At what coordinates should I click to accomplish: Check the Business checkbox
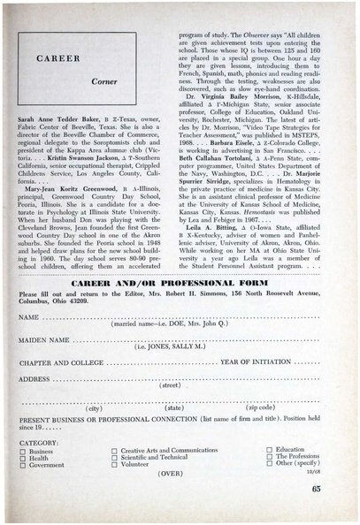pos(23,451)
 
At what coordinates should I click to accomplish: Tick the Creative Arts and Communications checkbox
pos(114,451)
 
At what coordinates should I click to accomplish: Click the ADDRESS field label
pos(34,377)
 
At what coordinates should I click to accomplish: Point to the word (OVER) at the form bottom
pos(169,475)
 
